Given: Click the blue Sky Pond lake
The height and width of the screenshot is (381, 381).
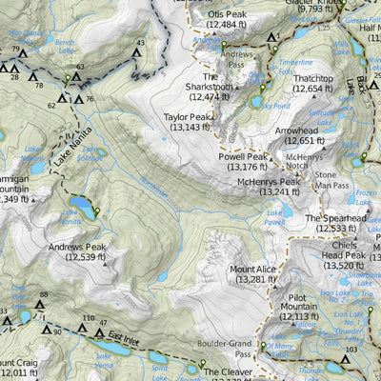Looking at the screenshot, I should pyautogui.click(x=255, y=99).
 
